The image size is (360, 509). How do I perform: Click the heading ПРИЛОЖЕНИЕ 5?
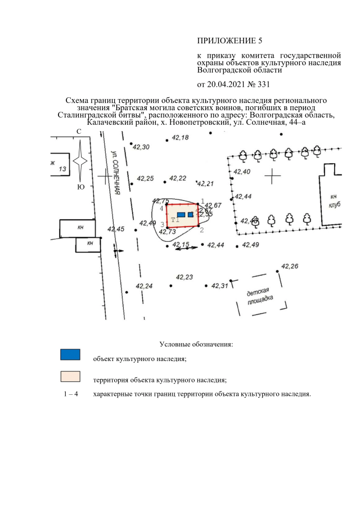[229, 40]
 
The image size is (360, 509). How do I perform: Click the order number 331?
[263, 85]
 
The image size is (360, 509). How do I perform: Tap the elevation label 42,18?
[180, 138]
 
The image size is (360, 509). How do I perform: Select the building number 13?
[62, 169]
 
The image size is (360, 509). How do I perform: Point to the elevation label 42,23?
[184, 277]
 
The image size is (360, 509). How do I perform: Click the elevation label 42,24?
[144, 286]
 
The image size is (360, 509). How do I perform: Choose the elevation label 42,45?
[116, 229]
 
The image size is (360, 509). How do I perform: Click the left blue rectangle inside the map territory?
[181, 215]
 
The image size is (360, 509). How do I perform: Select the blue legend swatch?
[70, 354]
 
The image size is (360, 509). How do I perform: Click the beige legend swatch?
[70, 376]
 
